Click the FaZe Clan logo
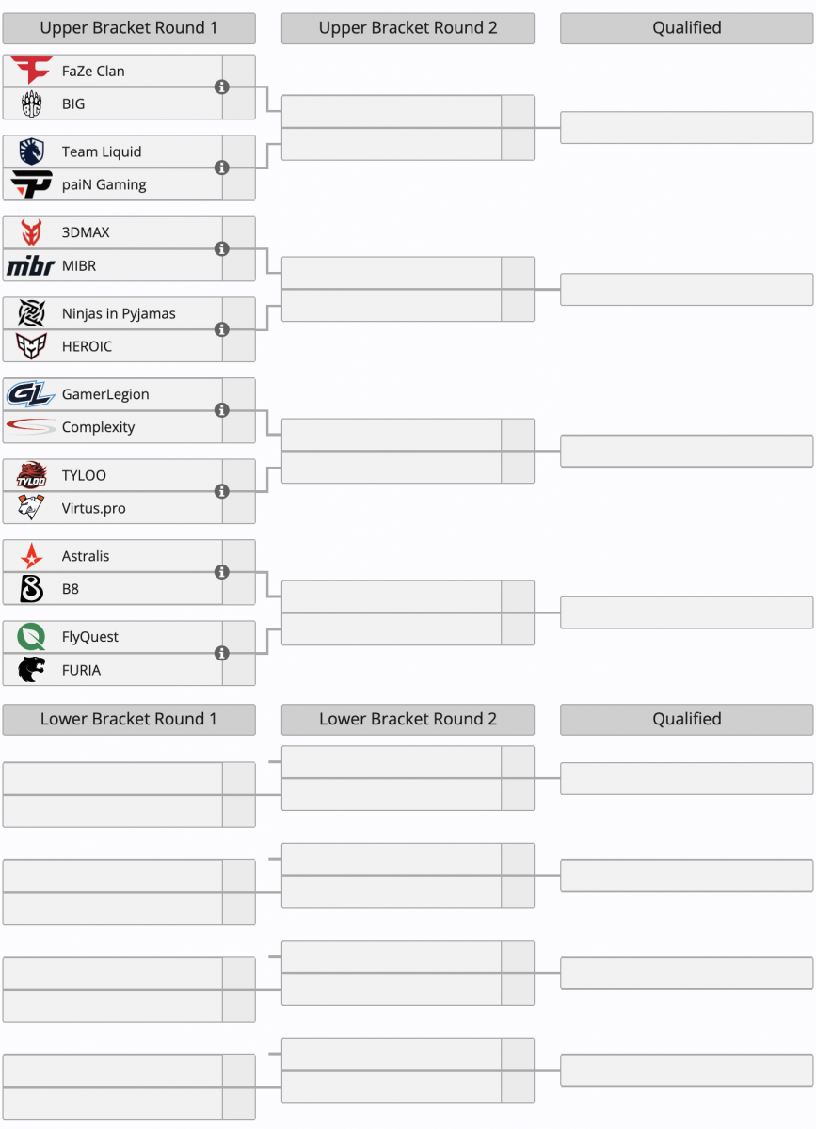(x=31, y=70)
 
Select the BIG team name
(x=73, y=103)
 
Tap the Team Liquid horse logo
(x=31, y=151)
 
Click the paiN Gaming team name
(x=104, y=185)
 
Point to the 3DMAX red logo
(x=31, y=232)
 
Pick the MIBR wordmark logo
(x=31, y=265)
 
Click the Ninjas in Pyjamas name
(x=119, y=313)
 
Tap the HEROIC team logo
(x=31, y=346)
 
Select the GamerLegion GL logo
(x=31, y=394)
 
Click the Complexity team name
(x=98, y=427)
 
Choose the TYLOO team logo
(x=31, y=475)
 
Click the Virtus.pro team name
(x=94, y=508)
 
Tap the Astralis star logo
(x=31, y=556)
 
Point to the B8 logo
(x=31, y=589)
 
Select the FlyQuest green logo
(x=31, y=637)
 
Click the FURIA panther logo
(x=31, y=670)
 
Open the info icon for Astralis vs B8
(x=222, y=572)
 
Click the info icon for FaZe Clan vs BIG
(x=222, y=87)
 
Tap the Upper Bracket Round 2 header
(x=408, y=27)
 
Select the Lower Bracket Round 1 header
(x=129, y=719)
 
